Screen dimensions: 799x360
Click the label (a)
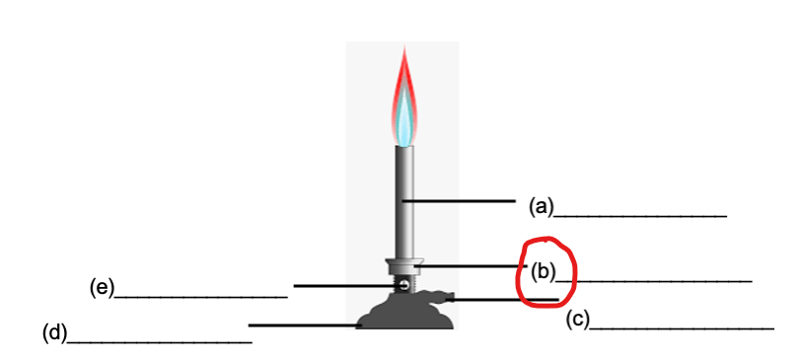(542, 206)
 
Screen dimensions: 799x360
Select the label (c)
(577, 319)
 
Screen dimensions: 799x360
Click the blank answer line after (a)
(640, 214)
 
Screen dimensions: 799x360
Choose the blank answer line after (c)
(682, 326)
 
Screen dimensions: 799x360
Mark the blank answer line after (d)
(159, 341)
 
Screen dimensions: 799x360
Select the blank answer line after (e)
(201, 295)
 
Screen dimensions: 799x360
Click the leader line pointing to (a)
(459, 201)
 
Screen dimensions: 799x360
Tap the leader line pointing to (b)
(473, 265)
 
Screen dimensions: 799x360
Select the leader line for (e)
(345, 286)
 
